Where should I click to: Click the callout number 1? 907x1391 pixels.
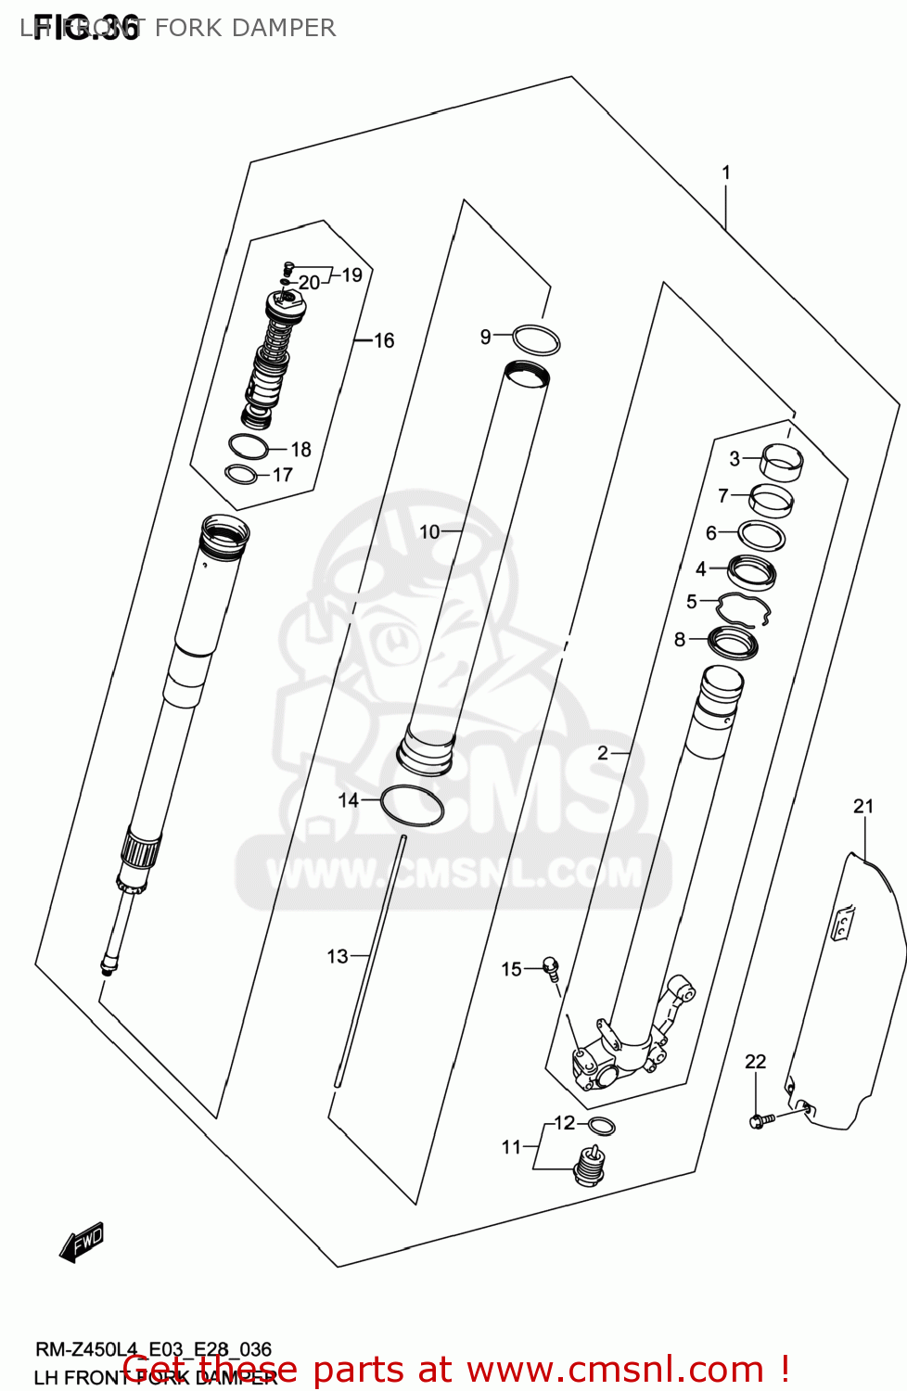pos(726,172)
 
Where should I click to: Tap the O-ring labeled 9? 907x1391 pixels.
pos(536,339)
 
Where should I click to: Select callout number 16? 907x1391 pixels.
pos(384,341)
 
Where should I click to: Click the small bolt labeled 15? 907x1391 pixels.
pos(551,969)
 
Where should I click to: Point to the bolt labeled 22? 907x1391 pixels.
pos(758,1121)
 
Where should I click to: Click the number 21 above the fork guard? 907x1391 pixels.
pos(863,806)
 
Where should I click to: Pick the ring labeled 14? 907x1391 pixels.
pos(412,805)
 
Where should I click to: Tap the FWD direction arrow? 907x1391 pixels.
pos(82,1241)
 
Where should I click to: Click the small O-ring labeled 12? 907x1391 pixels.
pos(602,1127)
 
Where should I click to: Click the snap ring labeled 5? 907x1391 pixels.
pos(745,609)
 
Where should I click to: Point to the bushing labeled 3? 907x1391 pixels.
pos(782,459)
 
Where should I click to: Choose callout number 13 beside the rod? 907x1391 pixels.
pos(338,956)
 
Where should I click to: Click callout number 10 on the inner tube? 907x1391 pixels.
pos(429,531)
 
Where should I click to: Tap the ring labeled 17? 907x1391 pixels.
pos(241,475)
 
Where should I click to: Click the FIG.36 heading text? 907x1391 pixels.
pos(85,28)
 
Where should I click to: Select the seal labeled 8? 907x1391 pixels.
pos(734,641)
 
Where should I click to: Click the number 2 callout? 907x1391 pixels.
pos(603,753)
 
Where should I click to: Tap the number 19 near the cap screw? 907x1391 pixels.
pos(351,274)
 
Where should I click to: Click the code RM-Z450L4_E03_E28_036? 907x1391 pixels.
pos(153,1349)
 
